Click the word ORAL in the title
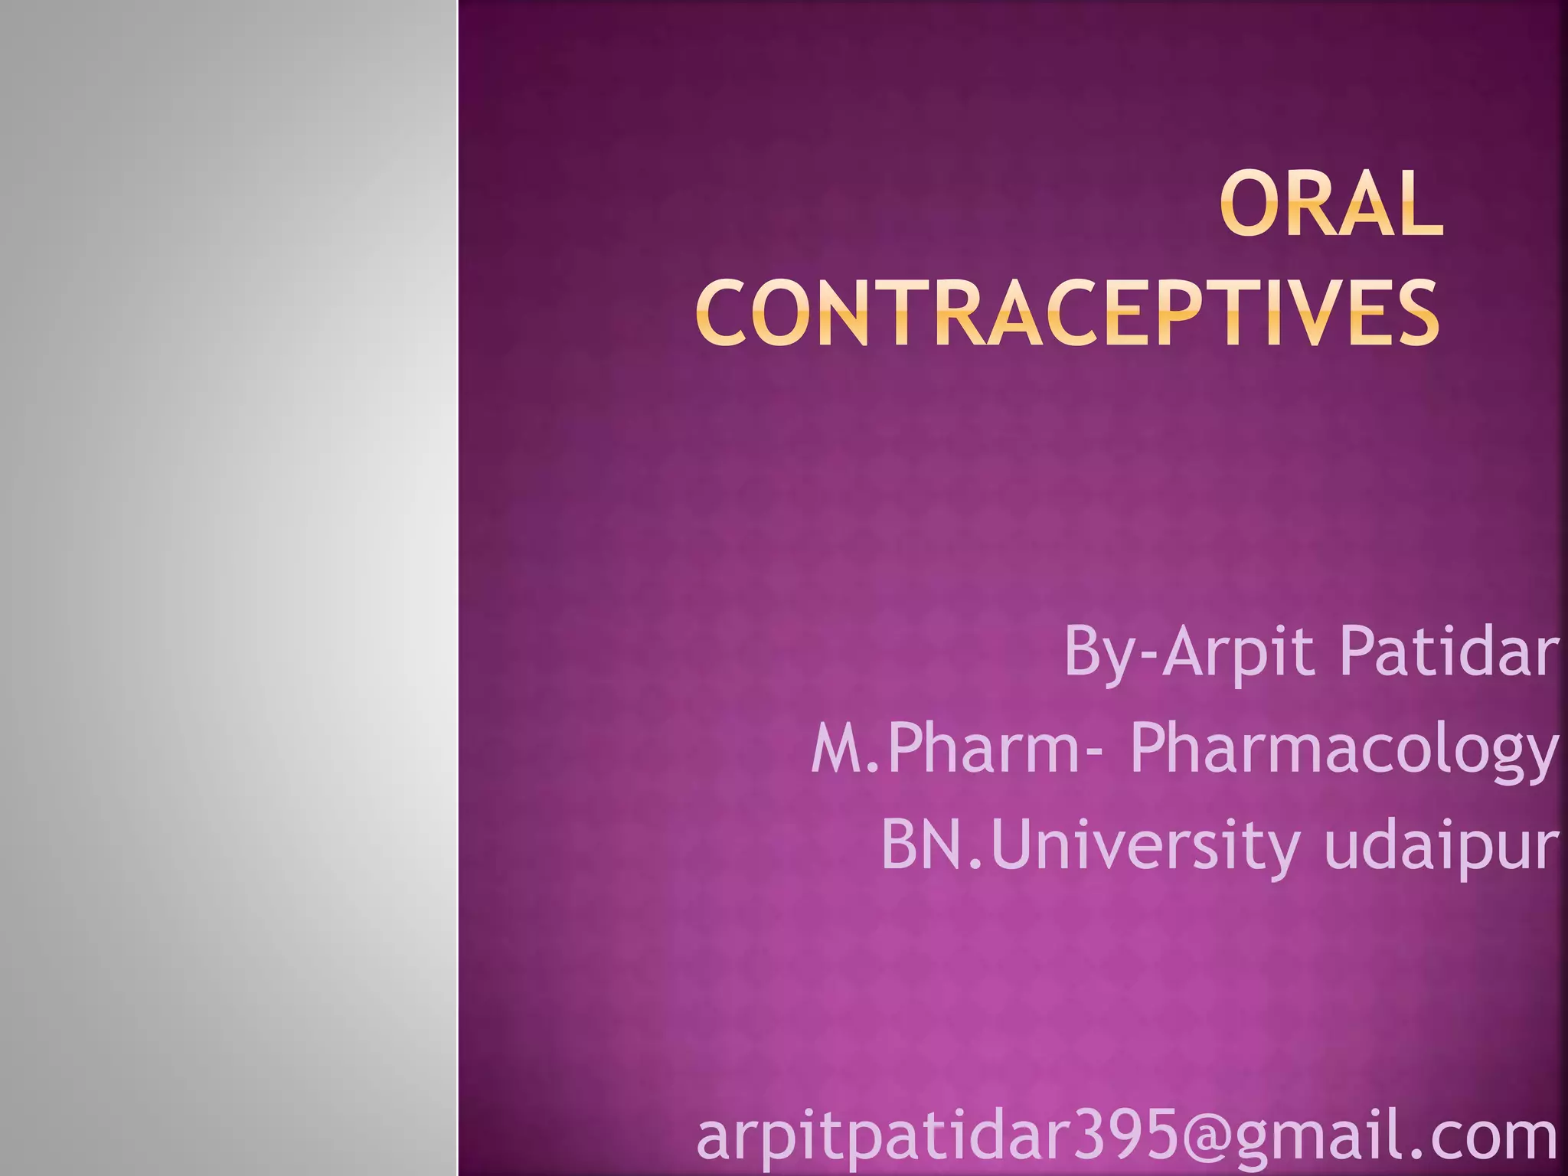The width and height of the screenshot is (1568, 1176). click(1331, 204)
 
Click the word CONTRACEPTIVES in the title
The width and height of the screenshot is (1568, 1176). click(1068, 313)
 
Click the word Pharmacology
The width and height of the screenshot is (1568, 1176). click(1344, 750)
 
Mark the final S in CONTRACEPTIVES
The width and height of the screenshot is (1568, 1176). click(1417, 313)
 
